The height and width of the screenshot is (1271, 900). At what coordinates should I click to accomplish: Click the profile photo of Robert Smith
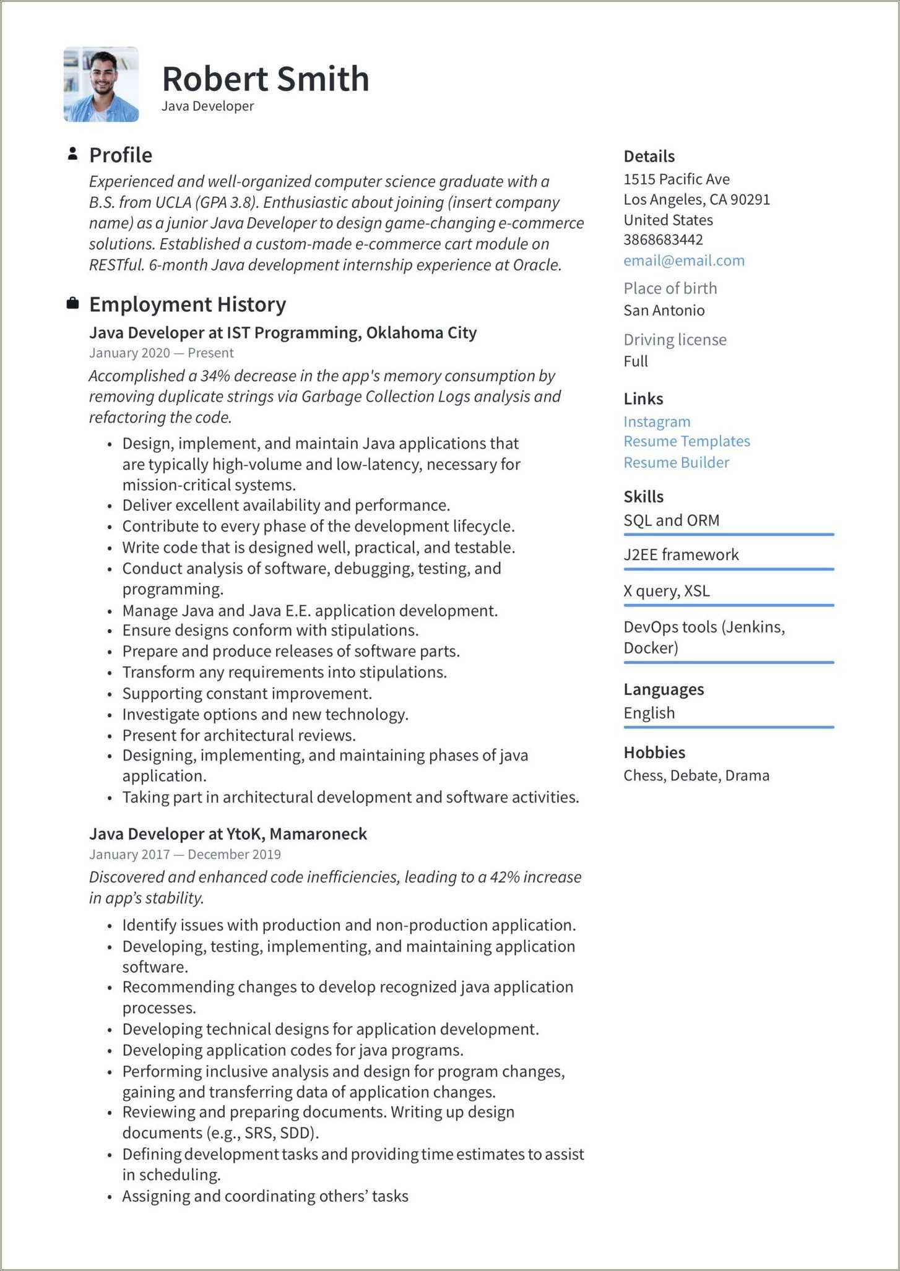pos(101,84)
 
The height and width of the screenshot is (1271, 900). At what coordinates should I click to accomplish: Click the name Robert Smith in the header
pos(265,79)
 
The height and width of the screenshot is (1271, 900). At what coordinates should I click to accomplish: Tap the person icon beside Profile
pos(72,154)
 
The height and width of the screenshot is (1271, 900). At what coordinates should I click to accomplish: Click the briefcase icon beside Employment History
pos(72,303)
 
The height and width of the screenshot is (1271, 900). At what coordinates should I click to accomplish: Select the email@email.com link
pos(683,261)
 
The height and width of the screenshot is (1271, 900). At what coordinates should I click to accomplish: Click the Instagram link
pos(656,421)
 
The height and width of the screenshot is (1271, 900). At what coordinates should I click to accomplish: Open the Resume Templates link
pos(686,441)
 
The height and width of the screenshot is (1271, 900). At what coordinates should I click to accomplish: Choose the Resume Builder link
pos(676,462)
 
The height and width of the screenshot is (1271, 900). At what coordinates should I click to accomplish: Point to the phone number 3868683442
pos(662,239)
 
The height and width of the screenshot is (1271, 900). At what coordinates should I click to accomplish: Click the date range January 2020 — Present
pos(161,353)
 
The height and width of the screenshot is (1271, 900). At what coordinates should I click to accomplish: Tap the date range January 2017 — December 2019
pos(184,854)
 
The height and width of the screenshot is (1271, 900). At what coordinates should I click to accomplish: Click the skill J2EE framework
pos(681,554)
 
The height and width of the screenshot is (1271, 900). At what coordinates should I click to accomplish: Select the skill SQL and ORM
pos(671,520)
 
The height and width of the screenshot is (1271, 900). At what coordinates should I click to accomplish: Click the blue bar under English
pos(728,727)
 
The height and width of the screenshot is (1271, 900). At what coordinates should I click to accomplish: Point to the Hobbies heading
pos(654,752)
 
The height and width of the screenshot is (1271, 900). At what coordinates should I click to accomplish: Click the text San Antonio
pos(664,310)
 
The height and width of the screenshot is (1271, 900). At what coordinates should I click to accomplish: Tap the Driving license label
pos(675,340)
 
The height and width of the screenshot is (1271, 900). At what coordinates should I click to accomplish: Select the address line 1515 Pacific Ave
pos(676,179)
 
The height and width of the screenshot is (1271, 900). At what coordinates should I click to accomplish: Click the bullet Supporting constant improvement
pos(246,693)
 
